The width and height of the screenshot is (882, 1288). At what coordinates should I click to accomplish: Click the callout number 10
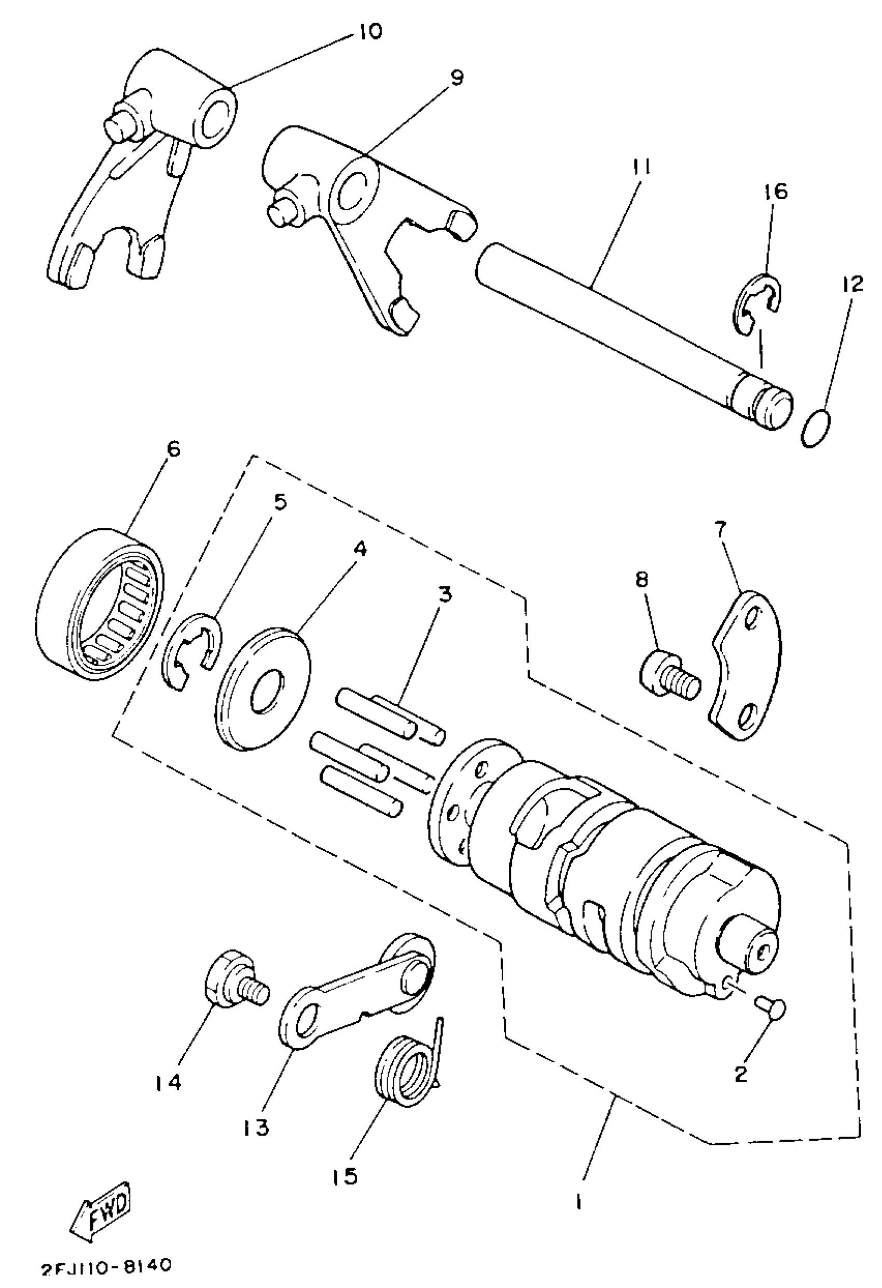pos(369,31)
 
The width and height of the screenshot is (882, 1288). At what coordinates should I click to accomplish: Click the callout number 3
pos(444,594)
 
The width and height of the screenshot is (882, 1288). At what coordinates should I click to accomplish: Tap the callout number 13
pos(255,1126)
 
